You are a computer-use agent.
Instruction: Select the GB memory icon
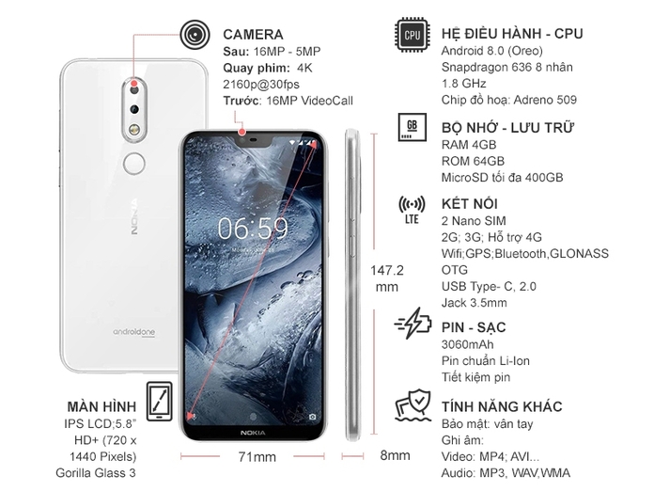[x=412, y=128]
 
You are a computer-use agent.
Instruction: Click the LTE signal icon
[x=412, y=210]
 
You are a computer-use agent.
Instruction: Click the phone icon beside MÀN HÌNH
[x=160, y=400]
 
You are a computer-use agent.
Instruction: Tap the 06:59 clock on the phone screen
[x=253, y=229]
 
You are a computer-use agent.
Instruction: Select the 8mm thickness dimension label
[x=395, y=456]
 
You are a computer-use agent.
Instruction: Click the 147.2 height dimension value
[x=387, y=270]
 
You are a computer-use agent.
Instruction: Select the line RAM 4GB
[x=469, y=145]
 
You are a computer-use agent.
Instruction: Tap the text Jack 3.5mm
[x=474, y=303]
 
